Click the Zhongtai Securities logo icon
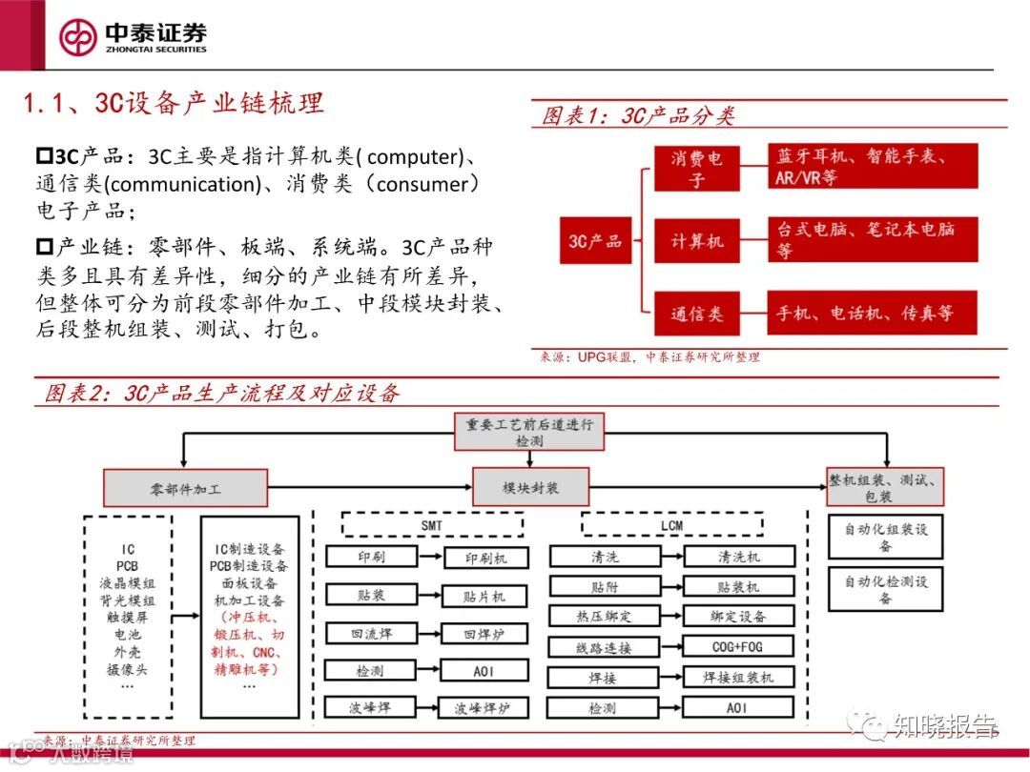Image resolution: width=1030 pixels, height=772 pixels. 78,37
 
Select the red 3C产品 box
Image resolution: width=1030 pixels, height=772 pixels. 595,240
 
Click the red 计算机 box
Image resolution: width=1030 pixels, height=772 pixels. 696,241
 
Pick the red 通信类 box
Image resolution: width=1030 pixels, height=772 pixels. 696,314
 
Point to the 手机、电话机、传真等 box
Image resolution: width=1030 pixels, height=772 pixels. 872,314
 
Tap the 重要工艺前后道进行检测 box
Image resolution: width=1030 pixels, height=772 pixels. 527,434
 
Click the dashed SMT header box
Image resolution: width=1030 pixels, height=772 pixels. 432,525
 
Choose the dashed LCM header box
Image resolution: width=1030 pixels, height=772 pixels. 671,525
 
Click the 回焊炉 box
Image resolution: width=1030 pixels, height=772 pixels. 484,634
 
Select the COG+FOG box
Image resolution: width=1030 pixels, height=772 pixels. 737,647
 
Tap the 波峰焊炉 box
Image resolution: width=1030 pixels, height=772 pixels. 484,709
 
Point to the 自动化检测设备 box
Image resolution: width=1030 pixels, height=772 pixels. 885,589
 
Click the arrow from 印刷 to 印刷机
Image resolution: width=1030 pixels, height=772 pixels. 417,557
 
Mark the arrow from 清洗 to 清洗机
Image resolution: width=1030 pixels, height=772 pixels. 657,557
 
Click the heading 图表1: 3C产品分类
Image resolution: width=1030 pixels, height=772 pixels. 638,116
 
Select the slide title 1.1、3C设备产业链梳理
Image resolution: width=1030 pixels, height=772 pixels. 174,102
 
